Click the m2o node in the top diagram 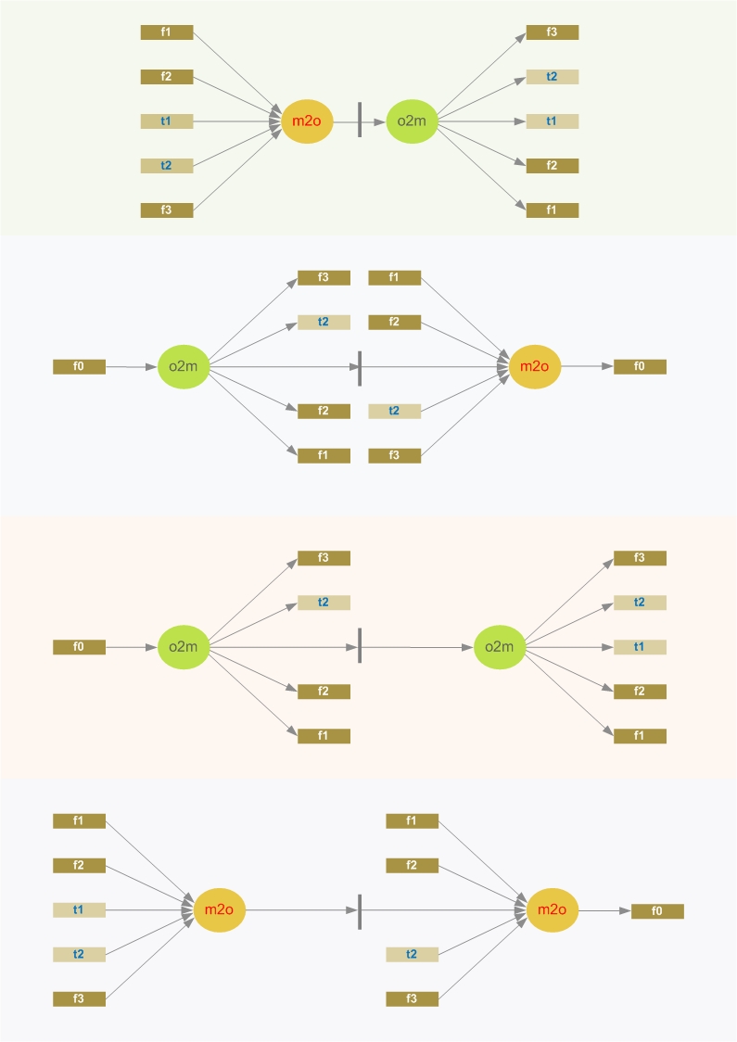(307, 121)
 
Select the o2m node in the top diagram (412, 121)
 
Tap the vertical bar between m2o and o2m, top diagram (360, 121)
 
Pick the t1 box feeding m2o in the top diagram (167, 121)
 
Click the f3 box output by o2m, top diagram (553, 32)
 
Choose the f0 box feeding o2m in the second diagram (79, 367)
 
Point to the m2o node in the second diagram (535, 367)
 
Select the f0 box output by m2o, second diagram (640, 367)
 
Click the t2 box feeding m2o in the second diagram (395, 411)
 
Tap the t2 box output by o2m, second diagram (324, 323)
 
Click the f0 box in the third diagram (79, 647)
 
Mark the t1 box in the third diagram (640, 647)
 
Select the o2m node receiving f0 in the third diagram (184, 647)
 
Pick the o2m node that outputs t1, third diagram (500, 647)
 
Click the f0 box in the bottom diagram (657, 911)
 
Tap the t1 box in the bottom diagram (79, 910)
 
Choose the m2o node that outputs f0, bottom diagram (553, 911)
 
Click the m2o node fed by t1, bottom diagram (219, 910)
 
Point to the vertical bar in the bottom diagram (360, 910)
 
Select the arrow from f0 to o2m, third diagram (132, 647)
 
